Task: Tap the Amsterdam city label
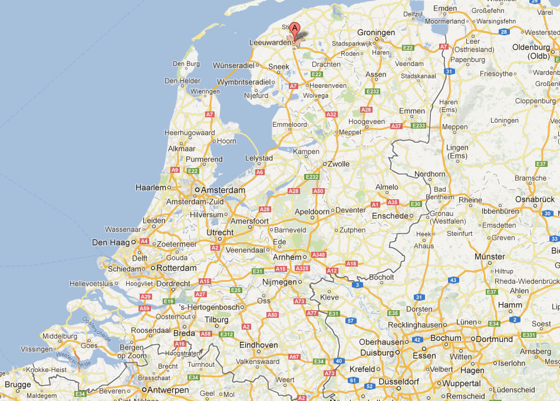[223, 190]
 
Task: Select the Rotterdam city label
[176, 268]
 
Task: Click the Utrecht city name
[219, 233]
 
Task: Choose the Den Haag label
[110, 242]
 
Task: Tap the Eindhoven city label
[258, 345]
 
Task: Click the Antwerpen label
[168, 390]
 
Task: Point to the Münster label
[490, 257]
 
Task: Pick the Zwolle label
[338, 164]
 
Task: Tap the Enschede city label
[390, 216]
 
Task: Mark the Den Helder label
[179, 81]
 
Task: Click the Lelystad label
[259, 159]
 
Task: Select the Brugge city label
[17, 384]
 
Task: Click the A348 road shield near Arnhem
[319, 255]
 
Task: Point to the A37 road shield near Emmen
[396, 126]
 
